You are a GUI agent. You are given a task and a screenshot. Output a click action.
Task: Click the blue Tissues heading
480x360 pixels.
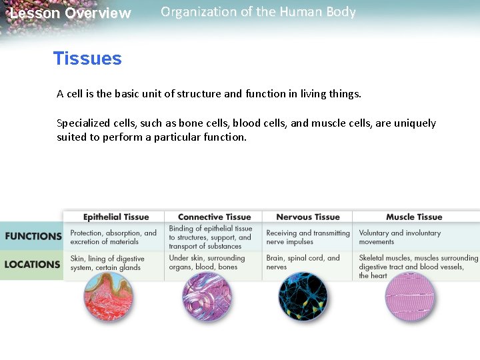(x=87, y=59)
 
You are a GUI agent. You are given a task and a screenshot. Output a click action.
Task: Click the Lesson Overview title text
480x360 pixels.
(x=71, y=13)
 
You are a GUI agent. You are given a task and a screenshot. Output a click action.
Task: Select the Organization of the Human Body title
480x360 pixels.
(x=258, y=12)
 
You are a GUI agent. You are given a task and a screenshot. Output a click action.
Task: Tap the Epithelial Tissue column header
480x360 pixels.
(x=116, y=217)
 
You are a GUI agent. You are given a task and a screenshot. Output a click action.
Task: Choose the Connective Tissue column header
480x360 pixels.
(x=214, y=217)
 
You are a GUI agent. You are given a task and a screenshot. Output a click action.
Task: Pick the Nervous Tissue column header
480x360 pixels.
(x=307, y=217)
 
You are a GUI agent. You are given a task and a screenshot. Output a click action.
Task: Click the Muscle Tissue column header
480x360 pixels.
(x=413, y=217)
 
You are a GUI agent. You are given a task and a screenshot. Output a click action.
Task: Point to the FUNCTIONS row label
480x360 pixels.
(x=33, y=236)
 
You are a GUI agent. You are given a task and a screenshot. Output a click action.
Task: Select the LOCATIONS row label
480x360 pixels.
(x=32, y=264)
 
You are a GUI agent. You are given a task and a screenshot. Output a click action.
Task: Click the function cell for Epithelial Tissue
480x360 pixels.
(x=113, y=237)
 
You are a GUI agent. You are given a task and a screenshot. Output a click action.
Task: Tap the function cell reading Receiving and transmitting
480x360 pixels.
(x=307, y=237)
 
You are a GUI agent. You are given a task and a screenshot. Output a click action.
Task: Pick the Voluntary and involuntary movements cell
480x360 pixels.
(x=399, y=237)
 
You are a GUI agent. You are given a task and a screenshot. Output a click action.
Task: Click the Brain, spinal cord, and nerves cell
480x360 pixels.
(x=303, y=262)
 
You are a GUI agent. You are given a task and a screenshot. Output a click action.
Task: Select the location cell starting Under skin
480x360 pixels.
(x=207, y=262)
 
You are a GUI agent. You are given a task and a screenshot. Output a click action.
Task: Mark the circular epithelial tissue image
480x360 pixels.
(x=110, y=298)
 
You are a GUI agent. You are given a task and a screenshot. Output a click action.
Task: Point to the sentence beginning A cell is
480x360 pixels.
(x=209, y=94)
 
